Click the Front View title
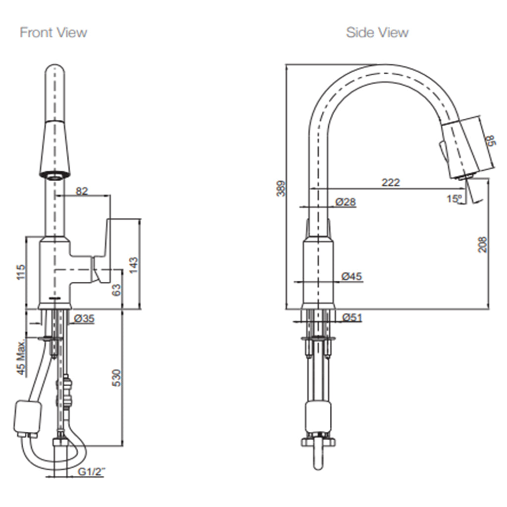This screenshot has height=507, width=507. click(x=53, y=33)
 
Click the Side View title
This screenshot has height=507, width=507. click(x=377, y=33)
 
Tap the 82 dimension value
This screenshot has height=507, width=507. click(x=82, y=191)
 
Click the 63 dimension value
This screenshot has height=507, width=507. click(x=116, y=290)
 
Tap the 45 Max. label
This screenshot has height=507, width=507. click(x=21, y=358)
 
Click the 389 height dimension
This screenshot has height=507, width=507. click(x=281, y=188)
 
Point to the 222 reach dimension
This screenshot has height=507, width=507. click(x=391, y=183)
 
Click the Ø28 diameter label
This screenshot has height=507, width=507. click(x=345, y=202)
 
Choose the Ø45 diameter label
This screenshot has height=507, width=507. click(x=352, y=277)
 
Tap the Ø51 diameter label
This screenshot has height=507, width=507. click(x=352, y=317)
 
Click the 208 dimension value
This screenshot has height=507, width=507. click(x=483, y=244)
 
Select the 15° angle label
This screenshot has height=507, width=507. click(x=454, y=199)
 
